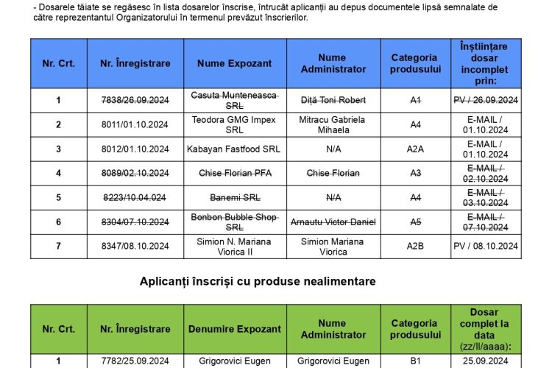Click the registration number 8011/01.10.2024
[x=135, y=124]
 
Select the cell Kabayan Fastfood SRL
[x=235, y=149]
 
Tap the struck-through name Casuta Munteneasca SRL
[x=235, y=100]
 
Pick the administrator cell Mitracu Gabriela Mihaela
[x=333, y=124]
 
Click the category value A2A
[x=415, y=149]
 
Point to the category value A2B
[x=415, y=247]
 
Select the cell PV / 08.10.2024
[x=486, y=247]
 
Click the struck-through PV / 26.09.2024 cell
[x=486, y=100]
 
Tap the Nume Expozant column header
[x=235, y=63]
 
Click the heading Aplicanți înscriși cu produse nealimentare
[x=258, y=281]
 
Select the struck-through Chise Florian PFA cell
[x=235, y=173]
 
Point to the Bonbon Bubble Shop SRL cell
[x=235, y=222]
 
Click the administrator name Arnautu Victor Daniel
[x=333, y=222]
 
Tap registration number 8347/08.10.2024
[x=135, y=247]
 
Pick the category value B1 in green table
[x=415, y=361]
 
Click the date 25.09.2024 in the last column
[x=486, y=361]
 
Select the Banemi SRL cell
[x=235, y=197]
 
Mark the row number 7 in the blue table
[x=58, y=247]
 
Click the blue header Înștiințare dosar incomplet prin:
[x=486, y=63]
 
